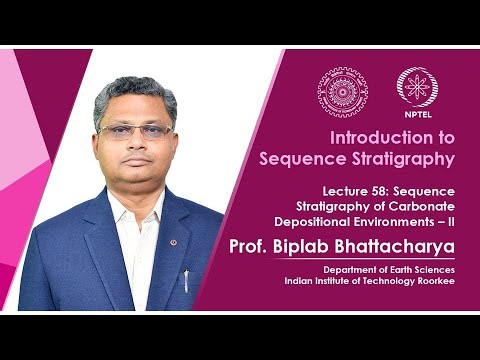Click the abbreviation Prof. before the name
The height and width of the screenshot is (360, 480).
coord(251,245)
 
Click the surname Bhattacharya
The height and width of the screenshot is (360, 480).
coord(400,245)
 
